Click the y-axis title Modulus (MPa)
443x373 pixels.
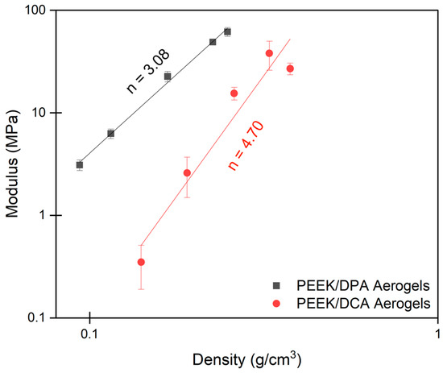point(13,164)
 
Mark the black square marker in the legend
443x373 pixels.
point(276,285)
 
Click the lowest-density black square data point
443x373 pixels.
point(80,164)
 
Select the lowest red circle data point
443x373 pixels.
point(141,262)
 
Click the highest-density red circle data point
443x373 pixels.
point(290,68)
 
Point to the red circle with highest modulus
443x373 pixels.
point(269,53)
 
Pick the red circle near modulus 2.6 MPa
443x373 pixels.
point(187,172)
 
